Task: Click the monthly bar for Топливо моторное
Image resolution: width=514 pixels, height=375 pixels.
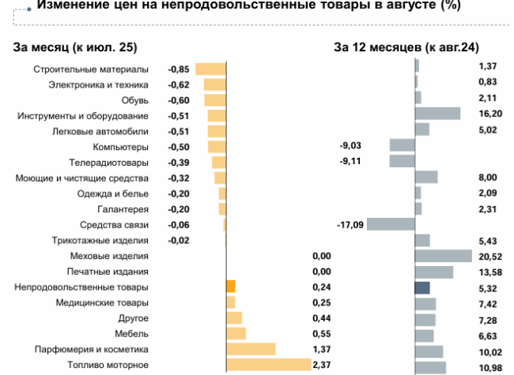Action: tap(268, 365)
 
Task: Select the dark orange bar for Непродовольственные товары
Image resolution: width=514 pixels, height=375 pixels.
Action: tap(231, 287)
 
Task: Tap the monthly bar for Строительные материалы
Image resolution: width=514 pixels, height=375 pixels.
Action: tap(210, 69)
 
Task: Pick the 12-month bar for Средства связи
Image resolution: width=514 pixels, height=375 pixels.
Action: tap(391, 224)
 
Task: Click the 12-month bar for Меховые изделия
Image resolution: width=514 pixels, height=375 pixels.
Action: tap(443, 256)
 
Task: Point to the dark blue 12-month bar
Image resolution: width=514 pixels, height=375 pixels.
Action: tap(422, 287)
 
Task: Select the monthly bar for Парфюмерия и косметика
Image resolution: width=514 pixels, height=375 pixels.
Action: tap(251, 349)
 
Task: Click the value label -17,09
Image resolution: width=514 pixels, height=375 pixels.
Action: tap(350, 225)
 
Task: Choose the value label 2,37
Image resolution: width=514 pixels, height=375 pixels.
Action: tap(321, 365)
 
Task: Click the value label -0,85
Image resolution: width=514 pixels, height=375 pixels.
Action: tap(179, 69)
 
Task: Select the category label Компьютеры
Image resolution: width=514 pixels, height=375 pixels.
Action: tap(120, 147)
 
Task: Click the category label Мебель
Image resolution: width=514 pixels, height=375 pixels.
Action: tap(134, 333)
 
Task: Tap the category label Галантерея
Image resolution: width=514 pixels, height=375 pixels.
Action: tap(123, 209)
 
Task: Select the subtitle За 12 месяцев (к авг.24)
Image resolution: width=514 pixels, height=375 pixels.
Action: tap(406, 47)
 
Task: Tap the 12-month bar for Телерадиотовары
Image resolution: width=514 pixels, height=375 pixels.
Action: tap(402, 162)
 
